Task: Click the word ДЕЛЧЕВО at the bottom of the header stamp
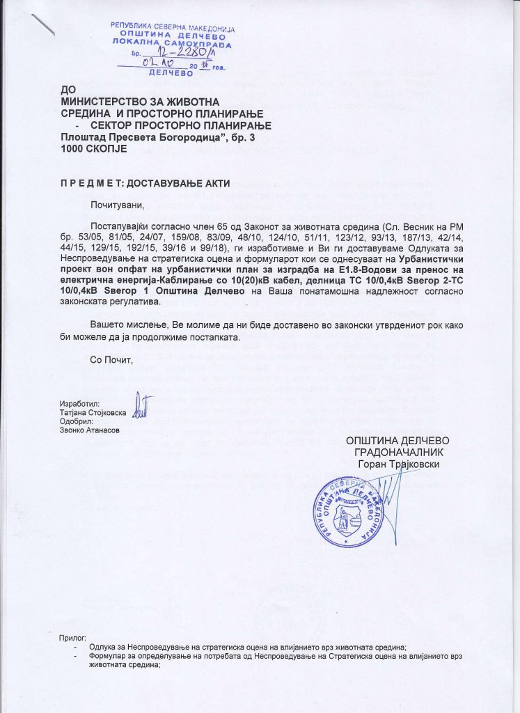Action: tap(171, 72)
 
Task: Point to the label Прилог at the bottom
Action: tap(72, 638)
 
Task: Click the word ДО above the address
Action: tap(68, 90)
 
